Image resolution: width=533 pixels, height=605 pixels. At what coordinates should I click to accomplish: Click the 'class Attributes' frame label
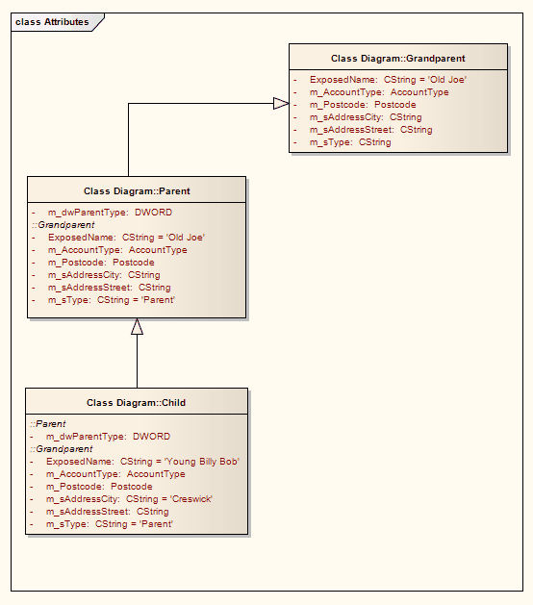tap(52, 21)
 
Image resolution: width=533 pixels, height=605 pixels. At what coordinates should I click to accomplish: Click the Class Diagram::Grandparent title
tap(397, 59)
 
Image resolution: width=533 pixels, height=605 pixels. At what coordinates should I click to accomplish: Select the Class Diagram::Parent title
tap(137, 191)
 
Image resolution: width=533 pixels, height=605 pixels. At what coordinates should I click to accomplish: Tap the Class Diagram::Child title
tap(137, 403)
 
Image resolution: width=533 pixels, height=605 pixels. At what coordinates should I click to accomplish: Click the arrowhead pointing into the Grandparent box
tap(280, 103)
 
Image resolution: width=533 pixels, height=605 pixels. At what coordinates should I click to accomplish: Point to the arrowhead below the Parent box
tap(137, 327)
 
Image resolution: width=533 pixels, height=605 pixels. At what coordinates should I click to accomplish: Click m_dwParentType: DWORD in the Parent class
tap(110, 213)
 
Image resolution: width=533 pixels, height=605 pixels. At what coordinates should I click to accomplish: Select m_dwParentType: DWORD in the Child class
tap(108, 437)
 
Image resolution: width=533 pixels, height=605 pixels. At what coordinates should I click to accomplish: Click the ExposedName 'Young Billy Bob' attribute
tap(142, 462)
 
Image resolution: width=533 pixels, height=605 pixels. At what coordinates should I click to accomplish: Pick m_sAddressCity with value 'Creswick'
tap(128, 499)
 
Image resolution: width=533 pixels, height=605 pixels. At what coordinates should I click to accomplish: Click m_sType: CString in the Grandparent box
tap(349, 142)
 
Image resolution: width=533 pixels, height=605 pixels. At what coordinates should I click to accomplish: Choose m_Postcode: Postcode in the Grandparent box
tap(362, 105)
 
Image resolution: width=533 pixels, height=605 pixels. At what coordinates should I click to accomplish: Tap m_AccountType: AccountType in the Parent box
tap(117, 250)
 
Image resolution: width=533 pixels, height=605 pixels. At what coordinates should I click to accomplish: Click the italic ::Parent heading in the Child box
tap(48, 424)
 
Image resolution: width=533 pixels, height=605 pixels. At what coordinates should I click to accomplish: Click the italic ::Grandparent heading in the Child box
tap(61, 449)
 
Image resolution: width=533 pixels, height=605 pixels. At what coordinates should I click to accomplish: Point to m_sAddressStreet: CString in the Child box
tap(107, 512)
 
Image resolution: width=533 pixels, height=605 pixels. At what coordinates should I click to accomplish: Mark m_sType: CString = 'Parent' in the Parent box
tap(111, 300)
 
